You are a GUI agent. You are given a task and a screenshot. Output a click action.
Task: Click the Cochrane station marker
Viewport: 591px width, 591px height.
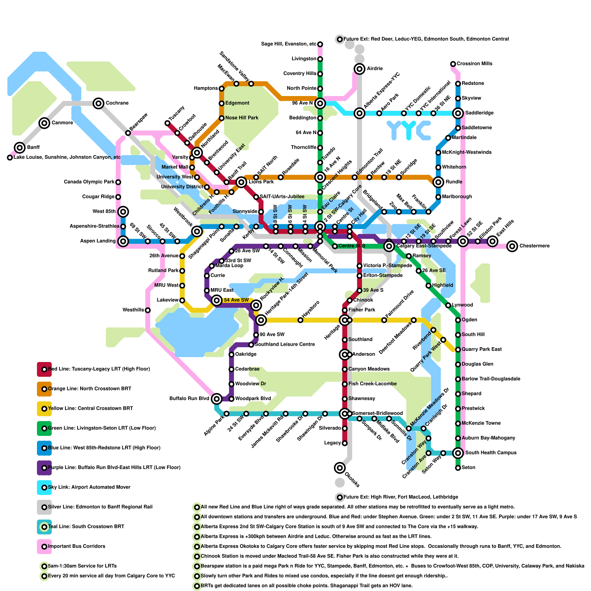[98, 103]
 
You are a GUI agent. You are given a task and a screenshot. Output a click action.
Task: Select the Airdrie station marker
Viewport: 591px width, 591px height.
[359, 68]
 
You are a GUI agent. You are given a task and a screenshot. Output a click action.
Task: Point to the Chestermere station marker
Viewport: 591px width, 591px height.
[512, 246]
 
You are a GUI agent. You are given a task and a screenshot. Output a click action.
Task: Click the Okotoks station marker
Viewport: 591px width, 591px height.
[340, 468]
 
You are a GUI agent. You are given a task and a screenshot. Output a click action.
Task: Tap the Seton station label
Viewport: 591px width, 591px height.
[468, 468]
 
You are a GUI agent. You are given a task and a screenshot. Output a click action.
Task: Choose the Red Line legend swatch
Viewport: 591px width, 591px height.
[44, 369]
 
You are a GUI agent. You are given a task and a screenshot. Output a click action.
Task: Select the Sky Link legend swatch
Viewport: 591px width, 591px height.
[44, 487]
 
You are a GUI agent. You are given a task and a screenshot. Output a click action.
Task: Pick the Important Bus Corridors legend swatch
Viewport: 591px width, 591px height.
[44, 546]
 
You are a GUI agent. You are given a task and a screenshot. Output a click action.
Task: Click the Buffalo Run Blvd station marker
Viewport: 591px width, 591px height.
[217, 399]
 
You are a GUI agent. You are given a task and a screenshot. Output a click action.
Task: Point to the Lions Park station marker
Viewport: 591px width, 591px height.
[241, 182]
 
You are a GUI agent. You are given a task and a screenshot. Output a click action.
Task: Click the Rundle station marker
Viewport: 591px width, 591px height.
[438, 182]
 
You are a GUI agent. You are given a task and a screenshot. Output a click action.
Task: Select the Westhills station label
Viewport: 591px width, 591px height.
[133, 310]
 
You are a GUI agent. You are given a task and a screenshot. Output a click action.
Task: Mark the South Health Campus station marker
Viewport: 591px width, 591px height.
[458, 452]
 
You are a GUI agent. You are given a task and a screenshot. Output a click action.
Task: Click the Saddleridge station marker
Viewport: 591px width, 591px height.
[458, 113]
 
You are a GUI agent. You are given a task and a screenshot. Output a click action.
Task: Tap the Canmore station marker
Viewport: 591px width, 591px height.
[44, 123]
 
